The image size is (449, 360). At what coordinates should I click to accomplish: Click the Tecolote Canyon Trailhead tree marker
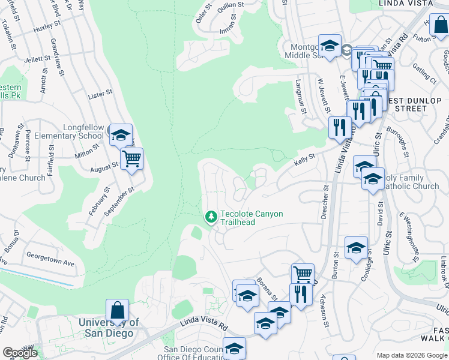[x=211, y=216]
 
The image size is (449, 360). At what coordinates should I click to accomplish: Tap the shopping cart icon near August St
[x=131, y=160]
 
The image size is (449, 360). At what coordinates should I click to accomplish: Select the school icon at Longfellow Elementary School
[x=121, y=136]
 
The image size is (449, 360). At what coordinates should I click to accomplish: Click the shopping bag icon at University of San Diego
[x=118, y=311]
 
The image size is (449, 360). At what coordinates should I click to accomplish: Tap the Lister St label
[x=100, y=94]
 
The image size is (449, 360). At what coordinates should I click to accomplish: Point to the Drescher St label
[x=324, y=205]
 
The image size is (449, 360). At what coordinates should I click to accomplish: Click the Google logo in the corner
[x=20, y=352]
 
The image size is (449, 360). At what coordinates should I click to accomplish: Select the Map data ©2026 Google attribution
[x=411, y=355]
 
